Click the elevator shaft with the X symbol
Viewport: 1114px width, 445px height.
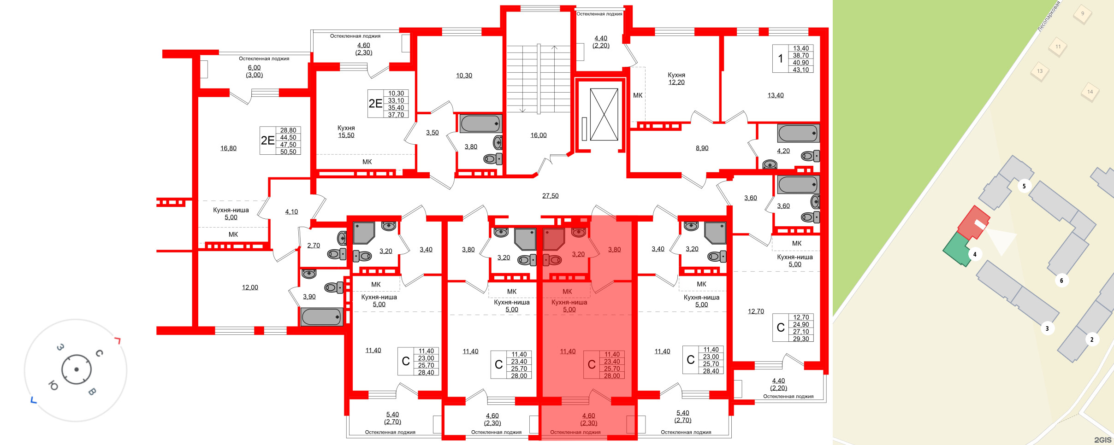click(x=604, y=115)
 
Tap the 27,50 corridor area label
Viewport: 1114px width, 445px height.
click(x=550, y=196)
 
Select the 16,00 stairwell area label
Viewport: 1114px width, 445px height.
click(x=538, y=135)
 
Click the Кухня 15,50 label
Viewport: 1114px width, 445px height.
click(x=346, y=132)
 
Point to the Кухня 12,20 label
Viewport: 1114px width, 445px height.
click(x=676, y=79)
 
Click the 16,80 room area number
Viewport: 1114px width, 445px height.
click(x=228, y=148)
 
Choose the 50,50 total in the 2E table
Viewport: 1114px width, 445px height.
click(x=288, y=152)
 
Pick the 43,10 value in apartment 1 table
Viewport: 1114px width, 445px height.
click(x=801, y=70)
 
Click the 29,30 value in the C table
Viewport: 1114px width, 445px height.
click(x=801, y=339)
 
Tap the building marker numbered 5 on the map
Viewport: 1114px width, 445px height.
click(x=1024, y=186)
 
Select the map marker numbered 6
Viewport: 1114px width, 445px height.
click(x=1061, y=281)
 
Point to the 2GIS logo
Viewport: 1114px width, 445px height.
click(x=1102, y=440)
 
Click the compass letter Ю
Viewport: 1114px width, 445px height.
click(x=53, y=386)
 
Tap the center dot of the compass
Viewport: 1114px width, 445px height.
click(x=77, y=369)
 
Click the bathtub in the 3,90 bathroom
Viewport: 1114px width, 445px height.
click(x=321, y=317)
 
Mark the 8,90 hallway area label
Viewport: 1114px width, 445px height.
click(x=702, y=148)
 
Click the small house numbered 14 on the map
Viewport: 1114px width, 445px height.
click(x=1090, y=92)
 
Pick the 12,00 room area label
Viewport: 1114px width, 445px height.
click(x=250, y=287)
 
